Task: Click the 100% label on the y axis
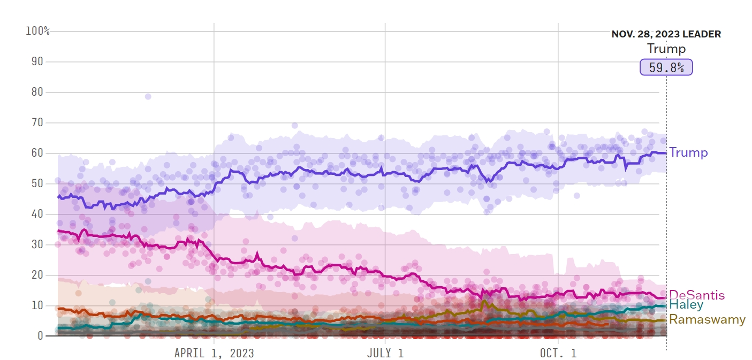[37, 31]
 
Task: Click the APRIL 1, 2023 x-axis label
[214, 353]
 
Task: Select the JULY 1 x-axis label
[385, 353]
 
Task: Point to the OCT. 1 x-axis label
[558, 353]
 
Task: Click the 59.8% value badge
[666, 67]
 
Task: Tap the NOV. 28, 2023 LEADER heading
[666, 34]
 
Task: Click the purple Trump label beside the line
[688, 152]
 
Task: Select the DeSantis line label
[697, 295]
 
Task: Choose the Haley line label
[686, 305]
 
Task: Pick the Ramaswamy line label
[707, 319]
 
